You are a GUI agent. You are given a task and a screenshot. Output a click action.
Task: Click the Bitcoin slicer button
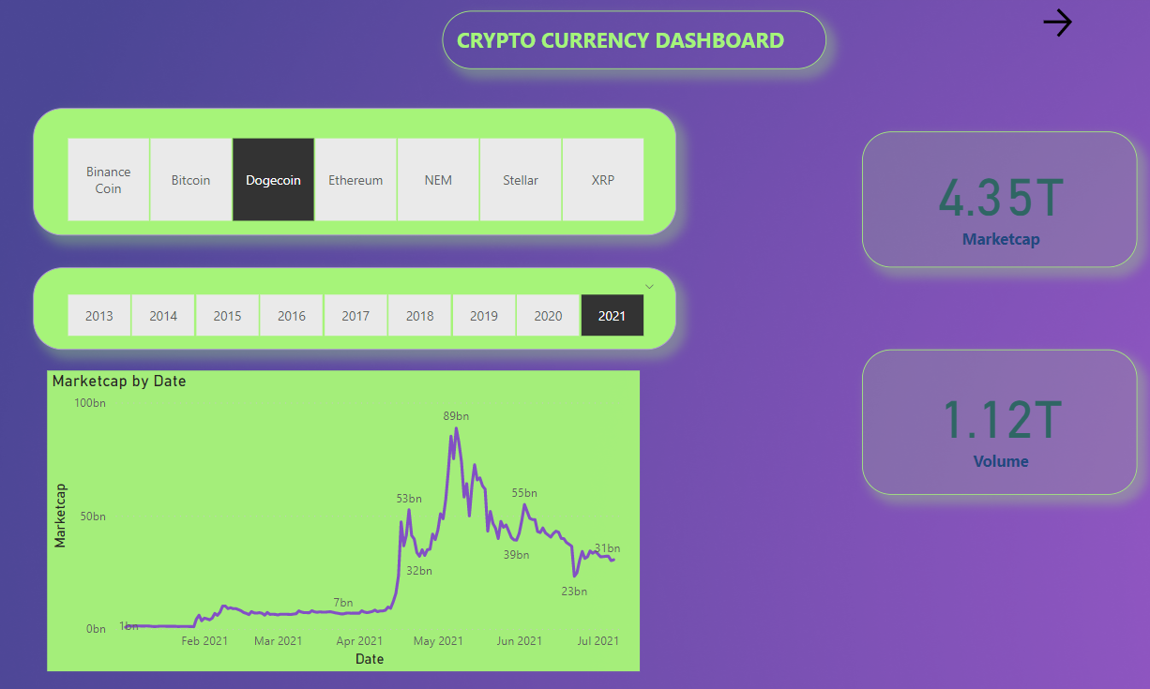point(190,180)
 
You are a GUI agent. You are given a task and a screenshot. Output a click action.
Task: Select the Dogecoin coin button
point(273,180)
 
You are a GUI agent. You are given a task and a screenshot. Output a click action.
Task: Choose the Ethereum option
point(356,180)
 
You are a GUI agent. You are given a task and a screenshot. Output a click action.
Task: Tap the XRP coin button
point(603,180)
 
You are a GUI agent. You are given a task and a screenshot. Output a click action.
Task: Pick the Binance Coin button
point(109,180)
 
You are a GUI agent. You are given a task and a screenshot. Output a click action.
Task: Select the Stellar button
point(521,180)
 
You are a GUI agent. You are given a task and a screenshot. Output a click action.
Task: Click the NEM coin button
point(438,180)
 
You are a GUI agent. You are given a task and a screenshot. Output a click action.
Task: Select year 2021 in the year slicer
point(612,316)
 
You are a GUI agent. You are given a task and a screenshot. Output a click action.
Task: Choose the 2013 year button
point(99,316)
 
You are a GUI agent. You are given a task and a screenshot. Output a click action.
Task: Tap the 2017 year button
point(356,316)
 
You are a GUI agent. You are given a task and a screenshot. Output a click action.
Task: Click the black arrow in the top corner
point(1057,22)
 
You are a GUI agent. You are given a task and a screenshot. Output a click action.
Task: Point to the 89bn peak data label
point(456,415)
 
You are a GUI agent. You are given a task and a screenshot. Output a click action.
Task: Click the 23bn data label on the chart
point(574,592)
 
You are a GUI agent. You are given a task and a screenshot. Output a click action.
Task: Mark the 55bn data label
point(524,493)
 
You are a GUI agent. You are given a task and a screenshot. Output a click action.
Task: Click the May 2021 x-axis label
point(438,641)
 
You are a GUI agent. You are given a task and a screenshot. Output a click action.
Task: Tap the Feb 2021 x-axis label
point(204,641)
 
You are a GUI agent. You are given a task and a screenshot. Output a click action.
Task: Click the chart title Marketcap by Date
point(119,382)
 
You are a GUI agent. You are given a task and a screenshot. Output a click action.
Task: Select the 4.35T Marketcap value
point(1001,198)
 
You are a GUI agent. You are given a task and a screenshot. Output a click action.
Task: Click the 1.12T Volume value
point(1001,419)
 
